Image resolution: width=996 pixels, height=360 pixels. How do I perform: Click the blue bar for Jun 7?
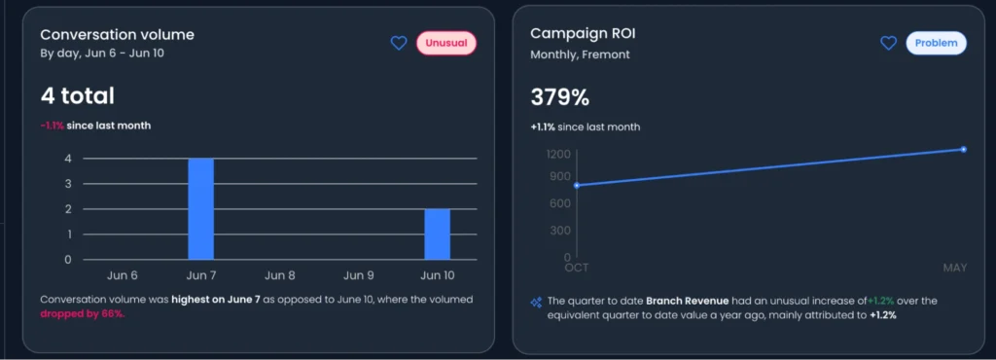(200, 209)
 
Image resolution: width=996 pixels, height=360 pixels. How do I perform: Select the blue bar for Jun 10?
(438, 234)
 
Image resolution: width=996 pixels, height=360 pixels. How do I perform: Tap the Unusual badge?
(447, 43)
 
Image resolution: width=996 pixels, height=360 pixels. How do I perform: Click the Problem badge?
(937, 43)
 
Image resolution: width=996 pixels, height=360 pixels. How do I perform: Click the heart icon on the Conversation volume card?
(398, 43)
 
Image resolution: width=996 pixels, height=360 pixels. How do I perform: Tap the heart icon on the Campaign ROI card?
(888, 43)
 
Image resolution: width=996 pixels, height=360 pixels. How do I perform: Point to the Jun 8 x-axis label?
(280, 275)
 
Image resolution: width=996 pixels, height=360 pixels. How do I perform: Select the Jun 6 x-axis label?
(122, 275)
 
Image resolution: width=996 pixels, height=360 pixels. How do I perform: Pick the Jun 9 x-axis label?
(359, 275)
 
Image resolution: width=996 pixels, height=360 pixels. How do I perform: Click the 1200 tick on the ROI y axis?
(557, 154)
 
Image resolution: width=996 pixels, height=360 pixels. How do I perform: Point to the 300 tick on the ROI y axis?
(561, 231)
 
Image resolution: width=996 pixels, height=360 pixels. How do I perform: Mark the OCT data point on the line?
(577, 185)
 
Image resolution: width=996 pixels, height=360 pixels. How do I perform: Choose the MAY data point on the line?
(963, 149)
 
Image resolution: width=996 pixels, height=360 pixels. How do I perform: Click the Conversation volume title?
(117, 35)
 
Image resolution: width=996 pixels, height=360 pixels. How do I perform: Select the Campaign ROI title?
(582, 34)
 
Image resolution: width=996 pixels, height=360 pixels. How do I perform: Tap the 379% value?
(559, 97)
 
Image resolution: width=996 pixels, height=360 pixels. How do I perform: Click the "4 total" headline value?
(78, 95)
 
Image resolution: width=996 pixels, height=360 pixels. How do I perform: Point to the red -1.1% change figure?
(52, 126)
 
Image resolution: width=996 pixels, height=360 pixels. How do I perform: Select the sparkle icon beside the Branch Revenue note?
(535, 302)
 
